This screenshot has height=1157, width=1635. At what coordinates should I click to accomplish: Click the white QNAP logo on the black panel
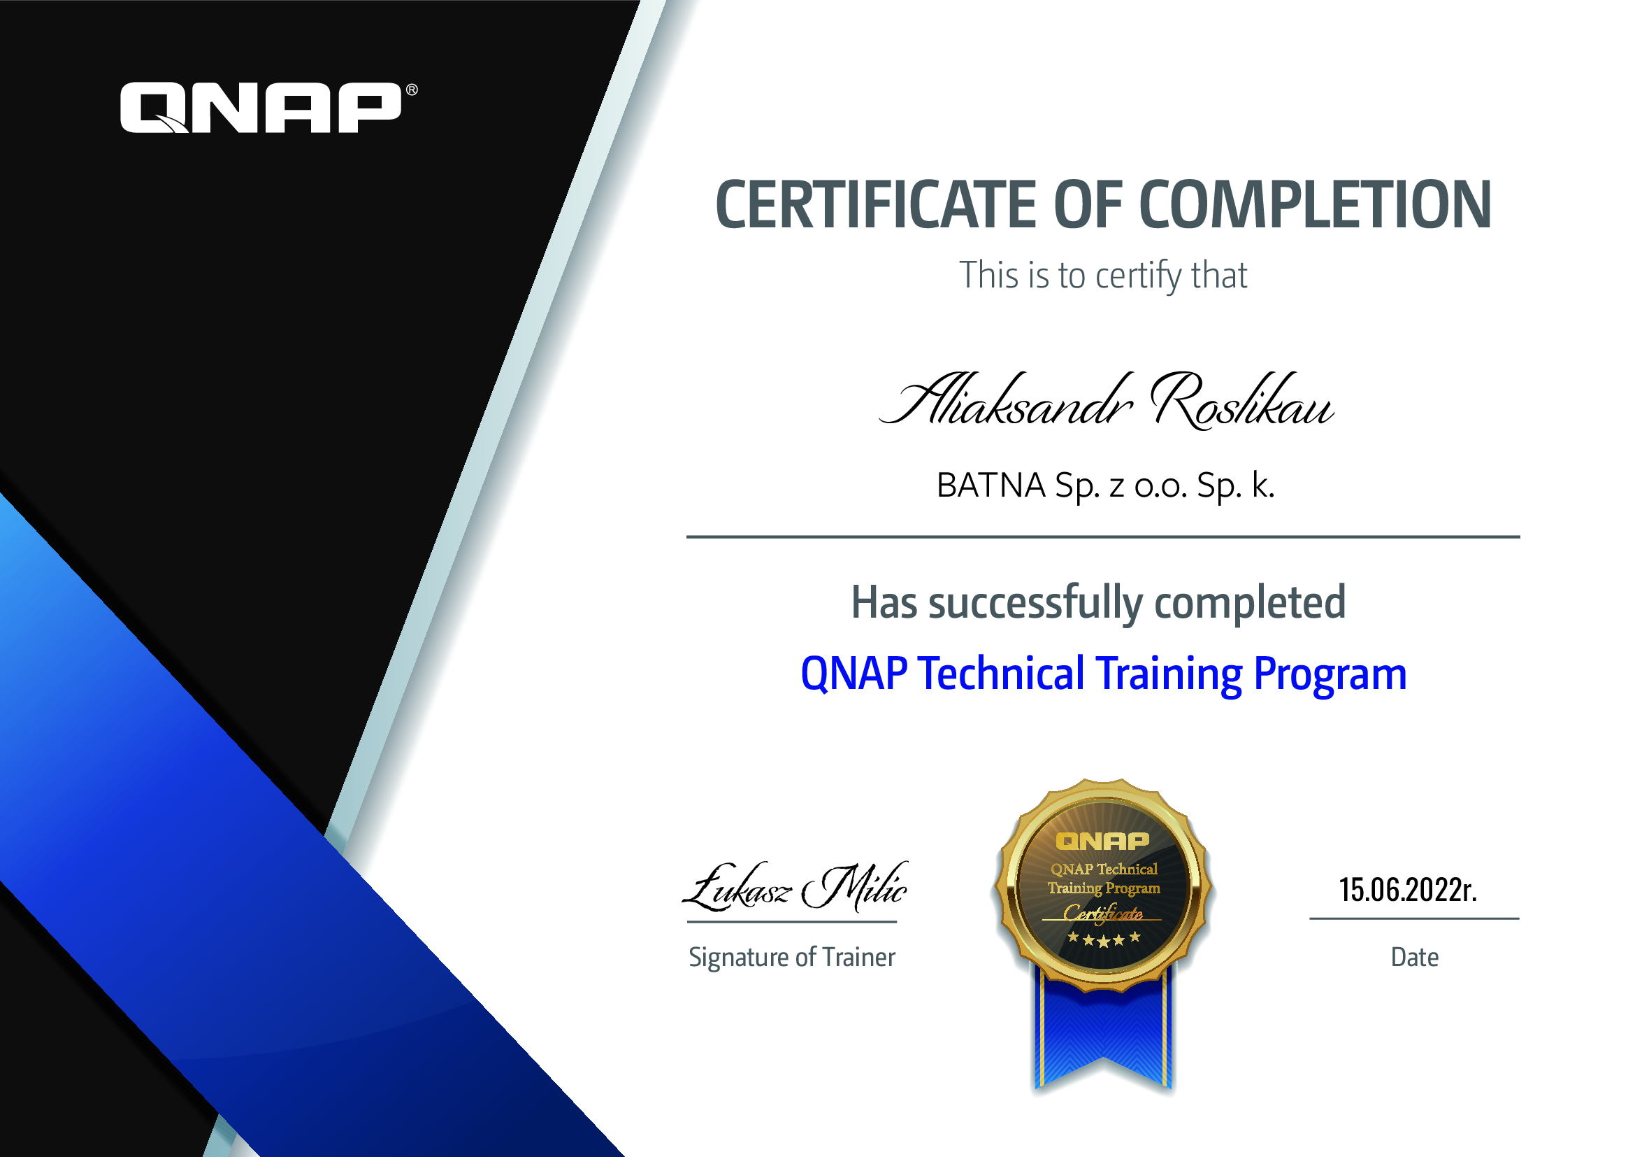click(261, 108)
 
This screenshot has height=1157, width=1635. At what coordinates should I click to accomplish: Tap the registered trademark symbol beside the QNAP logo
click(412, 90)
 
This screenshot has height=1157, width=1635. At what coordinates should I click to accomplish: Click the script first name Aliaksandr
click(1005, 399)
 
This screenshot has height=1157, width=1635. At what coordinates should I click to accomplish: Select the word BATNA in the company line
click(991, 485)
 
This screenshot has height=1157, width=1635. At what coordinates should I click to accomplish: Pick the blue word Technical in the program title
click(1001, 673)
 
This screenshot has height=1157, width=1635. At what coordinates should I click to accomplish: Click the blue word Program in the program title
click(1330, 676)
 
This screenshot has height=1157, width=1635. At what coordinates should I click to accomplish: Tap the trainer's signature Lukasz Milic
click(794, 887)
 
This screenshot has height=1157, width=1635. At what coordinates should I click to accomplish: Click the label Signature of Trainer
click(792, 958)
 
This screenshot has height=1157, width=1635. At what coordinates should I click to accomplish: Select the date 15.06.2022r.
click(1408, 890)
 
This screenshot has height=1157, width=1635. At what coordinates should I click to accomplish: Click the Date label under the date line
click(1414, 957)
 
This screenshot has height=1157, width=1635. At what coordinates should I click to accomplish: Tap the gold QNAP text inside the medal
click(1102, 842)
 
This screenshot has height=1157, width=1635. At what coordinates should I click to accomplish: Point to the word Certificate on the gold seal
click(1103, 914)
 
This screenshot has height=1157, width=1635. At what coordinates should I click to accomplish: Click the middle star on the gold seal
click(1103, 942)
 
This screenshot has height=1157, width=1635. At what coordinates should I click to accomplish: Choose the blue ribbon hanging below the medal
click(1102, 1032)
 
